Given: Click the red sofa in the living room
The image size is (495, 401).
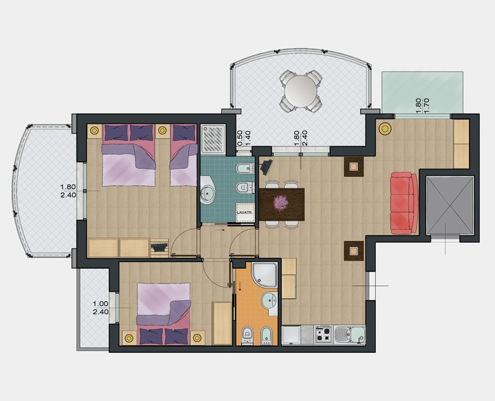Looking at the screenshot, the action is coord(404,203).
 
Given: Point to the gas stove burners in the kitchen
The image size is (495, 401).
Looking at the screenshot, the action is coord(323,335).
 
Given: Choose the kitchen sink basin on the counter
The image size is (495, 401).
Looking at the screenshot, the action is coord(350,335).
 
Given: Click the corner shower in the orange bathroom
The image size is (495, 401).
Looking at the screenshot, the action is coord(265,275).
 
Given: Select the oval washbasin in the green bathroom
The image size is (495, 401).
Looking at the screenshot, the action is coord(208,190).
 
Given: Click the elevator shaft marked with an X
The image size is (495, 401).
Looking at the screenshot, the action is coord(450,206).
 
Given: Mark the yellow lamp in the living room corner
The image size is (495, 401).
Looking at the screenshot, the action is coord(385,128).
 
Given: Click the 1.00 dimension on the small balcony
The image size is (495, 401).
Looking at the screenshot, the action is coord(100,304).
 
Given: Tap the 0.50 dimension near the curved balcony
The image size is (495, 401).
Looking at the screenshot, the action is coord(239,138).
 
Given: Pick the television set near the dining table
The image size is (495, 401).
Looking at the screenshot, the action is coord(266,166).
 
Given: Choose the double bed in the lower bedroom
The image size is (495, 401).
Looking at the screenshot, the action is coord(164,313).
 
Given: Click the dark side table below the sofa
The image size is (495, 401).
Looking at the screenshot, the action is coord(354,251).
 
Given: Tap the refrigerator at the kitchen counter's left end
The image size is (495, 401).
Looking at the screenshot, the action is coord(290,335).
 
